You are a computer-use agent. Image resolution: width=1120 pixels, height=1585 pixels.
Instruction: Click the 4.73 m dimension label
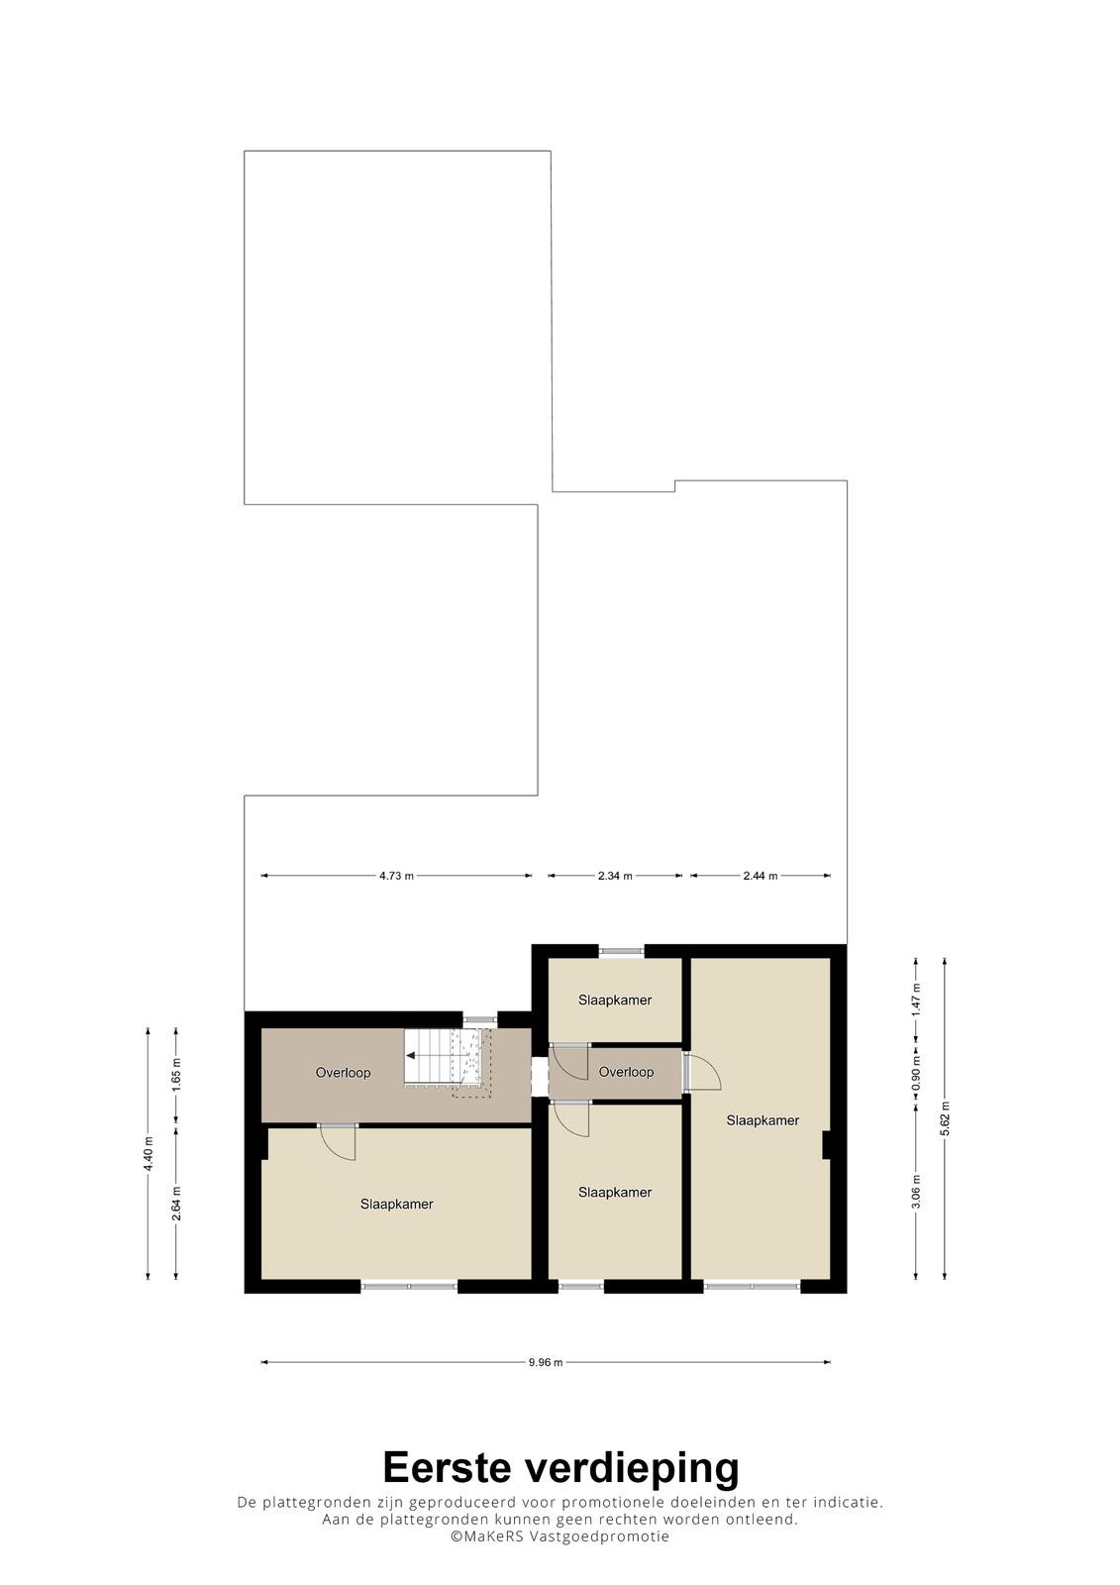click(396, 876)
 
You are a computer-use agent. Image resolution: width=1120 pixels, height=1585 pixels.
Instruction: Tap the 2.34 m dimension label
click(615, 876)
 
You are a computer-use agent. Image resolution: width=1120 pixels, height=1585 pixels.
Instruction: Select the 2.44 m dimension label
click(760, 876)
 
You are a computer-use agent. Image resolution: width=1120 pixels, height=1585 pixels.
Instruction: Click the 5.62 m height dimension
click(946, 1118)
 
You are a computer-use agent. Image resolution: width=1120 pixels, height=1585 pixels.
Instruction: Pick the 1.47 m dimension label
click(917, 1000)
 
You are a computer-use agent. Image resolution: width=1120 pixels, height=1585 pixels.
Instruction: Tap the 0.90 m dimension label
click(917, 1071)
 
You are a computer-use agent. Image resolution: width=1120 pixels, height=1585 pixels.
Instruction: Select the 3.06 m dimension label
click(917, 1193)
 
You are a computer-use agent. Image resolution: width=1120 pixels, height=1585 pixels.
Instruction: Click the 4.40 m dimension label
click(148, 1154)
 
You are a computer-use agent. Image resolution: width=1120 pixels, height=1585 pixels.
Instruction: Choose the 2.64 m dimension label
click(176, 1203)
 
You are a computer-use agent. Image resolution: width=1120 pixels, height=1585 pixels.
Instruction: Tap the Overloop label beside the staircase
click(344, 1073)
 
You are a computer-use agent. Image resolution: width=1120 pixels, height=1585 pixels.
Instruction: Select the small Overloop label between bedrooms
click(626, 1072)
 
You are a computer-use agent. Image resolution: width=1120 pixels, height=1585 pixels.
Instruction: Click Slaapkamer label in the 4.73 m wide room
click(396, 1204)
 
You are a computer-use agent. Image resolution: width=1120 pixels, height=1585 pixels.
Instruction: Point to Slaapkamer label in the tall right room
click(763, 1120)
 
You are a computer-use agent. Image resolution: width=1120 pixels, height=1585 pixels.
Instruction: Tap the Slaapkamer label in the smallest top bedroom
click(615, 1000)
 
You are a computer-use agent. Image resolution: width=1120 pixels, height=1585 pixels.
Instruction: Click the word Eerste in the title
click(448, 1467)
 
